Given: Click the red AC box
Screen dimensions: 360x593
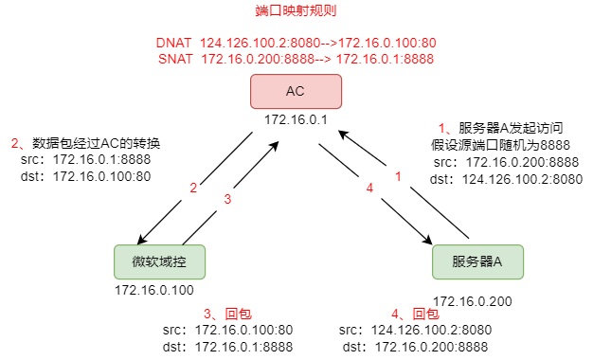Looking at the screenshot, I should tap(296, 91).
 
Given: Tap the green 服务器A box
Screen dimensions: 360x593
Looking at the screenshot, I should tap(476, 261).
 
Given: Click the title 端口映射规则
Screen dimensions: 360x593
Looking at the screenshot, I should tap(296, 11).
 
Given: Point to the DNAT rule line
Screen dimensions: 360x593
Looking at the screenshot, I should tap(295, 44).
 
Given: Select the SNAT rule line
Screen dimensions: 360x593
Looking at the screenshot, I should tap(295, 60).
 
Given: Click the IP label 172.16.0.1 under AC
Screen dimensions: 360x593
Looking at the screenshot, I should tap(296, 120).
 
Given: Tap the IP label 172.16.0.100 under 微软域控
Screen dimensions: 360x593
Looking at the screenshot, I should tap(153, 290).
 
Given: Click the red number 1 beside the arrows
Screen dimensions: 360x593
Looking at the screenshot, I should tap(398, 176).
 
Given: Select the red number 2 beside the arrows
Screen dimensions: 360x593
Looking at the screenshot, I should tap(193, 188).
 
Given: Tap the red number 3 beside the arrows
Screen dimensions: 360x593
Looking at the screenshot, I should tap(227, 199).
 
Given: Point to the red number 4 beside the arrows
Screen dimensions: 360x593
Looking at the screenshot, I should tap(369, 188).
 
